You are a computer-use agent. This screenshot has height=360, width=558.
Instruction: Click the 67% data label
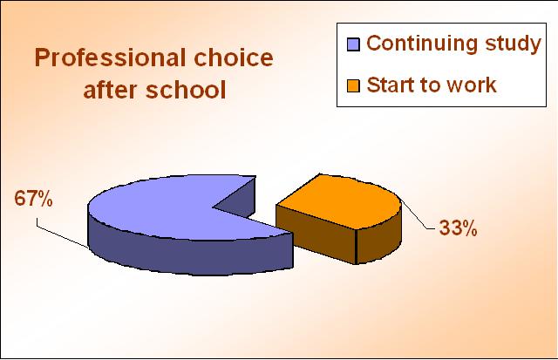click(33, 199)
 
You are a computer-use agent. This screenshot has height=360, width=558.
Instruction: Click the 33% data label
click(458, 228)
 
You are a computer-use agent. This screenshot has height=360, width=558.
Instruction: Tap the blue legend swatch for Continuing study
click(353, 44)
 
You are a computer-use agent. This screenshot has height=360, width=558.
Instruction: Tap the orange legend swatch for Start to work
click(353, 85)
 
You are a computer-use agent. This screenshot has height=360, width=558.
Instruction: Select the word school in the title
click(186, 89)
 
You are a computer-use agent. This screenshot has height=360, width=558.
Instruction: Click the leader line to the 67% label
click(62, 234)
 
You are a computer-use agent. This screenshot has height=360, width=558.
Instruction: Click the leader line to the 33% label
click(418, 215)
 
